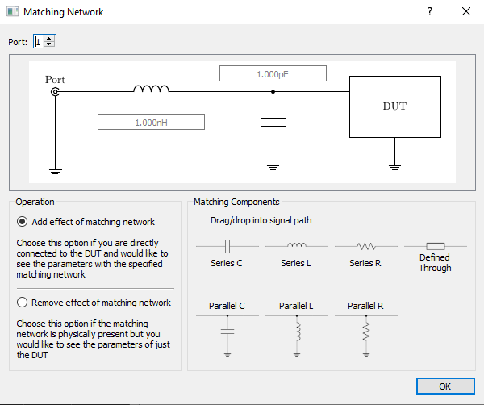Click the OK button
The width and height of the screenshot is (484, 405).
pyautogui.click(x=444, y=386)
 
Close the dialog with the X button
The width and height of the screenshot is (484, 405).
pyautogui.click(x=465, y=12)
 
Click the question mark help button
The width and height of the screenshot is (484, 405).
pyautogui.click(x=429, y=12)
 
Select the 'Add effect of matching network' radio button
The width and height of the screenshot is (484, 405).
pyautogui.click(x=23, y=222)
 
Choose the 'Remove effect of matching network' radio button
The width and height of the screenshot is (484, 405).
pyautogui.click(x=23, y=303)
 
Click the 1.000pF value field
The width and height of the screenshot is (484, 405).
pyautogui.click(x=273, y=73)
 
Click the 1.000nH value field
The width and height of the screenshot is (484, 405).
pyautogui.click(x=151, y=122)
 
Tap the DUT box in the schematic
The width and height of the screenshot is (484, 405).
pyautogui.click(x=394, y=106)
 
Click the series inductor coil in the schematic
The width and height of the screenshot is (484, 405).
pyautogui.click(x=151, y=89)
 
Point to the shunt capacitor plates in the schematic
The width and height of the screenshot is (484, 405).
pyautogui.click(x=273, y=123)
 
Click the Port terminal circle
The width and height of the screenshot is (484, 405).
pyautogui.click(x=56, y=92)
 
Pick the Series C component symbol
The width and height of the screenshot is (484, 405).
pyautogui.click(x=227, y=245)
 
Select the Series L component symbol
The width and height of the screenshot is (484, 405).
pyautogui.click(x=296, y=245)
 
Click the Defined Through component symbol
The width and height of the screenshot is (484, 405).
pyautogui.click(x=435, y=245)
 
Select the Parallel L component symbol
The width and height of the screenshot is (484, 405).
pyautogui.click(x=296, y=331)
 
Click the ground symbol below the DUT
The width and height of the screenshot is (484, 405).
pyautogui.click(x=394, y=166)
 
